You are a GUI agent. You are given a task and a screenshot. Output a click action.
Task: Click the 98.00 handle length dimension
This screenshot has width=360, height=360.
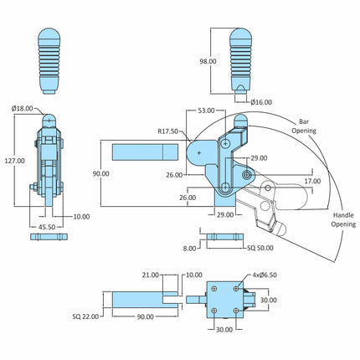[x=208, y=61]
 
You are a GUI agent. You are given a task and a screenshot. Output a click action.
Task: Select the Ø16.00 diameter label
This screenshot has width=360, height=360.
[x=261, y=102]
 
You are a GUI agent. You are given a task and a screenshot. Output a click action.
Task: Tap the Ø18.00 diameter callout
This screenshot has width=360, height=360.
[x=23, y=109]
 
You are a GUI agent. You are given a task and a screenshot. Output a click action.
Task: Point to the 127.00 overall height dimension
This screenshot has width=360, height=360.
[x=14, y=161]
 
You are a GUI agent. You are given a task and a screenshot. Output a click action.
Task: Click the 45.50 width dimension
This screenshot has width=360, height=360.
[x=47, y=227]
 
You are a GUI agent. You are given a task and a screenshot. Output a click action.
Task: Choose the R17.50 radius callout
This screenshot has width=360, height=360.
[x=167, y=131]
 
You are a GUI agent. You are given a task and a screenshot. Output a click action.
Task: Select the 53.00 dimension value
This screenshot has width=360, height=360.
[x=206, y=111]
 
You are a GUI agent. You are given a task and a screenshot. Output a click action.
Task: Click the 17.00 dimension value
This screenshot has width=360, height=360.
[x=312, y=181]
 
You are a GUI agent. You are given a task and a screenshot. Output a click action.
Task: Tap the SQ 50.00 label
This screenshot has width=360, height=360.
[x=260, y=248]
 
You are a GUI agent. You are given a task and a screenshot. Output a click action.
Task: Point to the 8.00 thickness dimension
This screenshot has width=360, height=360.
[x=189, y=249]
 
